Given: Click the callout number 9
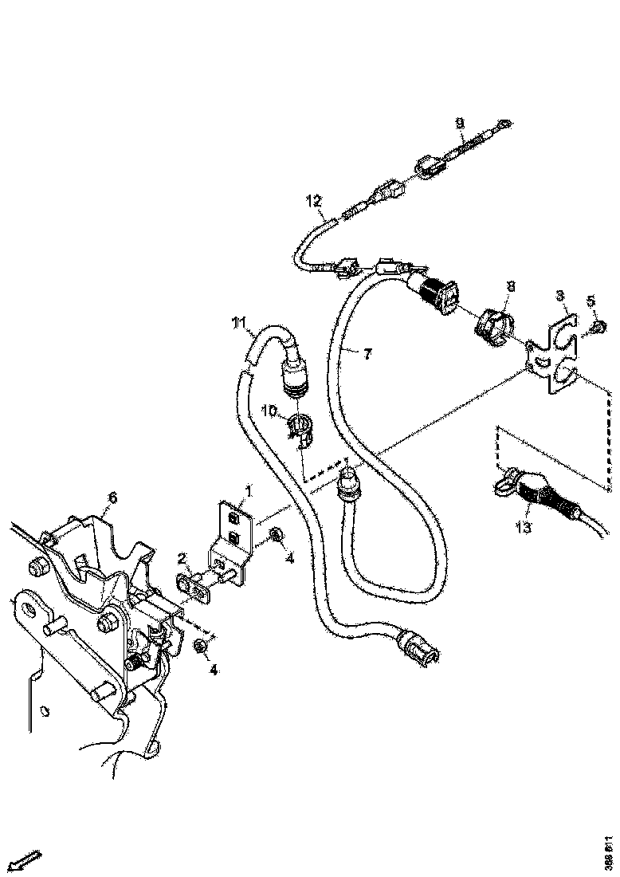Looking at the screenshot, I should pyautogui.click(x=460, y=124).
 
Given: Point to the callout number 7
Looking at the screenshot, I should pyautogui.click(x=367, y=355).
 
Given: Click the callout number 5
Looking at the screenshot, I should pyautogui.click(x=591, y=301).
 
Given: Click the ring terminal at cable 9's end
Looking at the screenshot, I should pyautogui.click(x=504, y=123).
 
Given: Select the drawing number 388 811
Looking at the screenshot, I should pyautogui.click(x=609, y=853).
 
